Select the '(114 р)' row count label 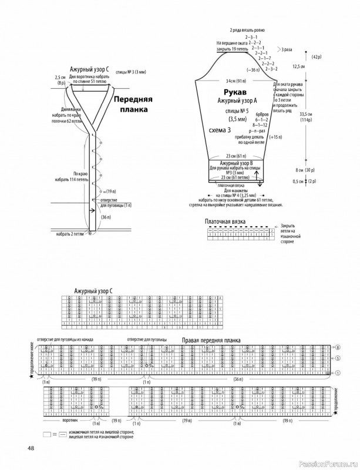pos(306,120)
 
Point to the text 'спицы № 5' pos(237,110)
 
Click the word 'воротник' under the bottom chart pos(70,421)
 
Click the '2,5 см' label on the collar pos(60,77)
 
